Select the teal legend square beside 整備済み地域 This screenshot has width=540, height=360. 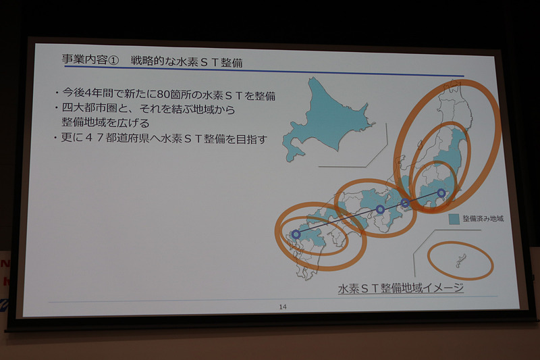point(454,219)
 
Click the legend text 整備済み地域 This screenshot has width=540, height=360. point(483,220)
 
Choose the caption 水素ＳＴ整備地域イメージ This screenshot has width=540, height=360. point(400,289)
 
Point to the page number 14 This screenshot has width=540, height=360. point(283,307)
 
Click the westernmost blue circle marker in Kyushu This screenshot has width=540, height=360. point(296,234)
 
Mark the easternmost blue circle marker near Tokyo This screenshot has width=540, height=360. point(441,193)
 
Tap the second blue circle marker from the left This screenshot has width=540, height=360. point(381,210)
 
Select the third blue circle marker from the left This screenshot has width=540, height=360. point(405,203)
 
